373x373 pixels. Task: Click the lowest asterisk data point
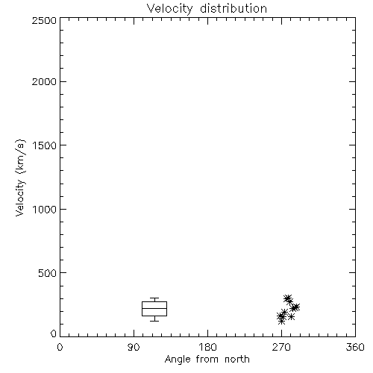pos(281,322)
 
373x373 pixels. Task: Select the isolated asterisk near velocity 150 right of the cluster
pos(292,317)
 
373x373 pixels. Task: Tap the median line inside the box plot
pos(154,308)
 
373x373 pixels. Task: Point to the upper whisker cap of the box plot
pos(154,298)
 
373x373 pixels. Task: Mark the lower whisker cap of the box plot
pos(154,321)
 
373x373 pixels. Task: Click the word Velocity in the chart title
pos(170,9)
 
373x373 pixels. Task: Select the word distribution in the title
pos(233,8)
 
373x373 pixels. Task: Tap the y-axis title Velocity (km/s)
pos(20,178)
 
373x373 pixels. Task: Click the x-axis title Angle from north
pos(207,360)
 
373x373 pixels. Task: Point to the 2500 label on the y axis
pos(44,20)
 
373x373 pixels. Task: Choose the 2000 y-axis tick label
pos(44,82)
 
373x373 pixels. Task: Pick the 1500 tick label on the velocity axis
pos(45,145)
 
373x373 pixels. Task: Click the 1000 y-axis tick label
pos(45,210)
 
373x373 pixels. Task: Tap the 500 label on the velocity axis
pos(48,273)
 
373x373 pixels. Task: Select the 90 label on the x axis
pos(134,347)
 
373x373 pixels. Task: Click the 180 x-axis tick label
pos(207,347)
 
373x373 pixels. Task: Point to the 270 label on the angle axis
pos(281,347)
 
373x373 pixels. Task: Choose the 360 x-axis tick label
pos(355,347)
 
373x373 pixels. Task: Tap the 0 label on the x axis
pos(60,347)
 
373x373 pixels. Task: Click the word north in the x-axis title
pos(237,360)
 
